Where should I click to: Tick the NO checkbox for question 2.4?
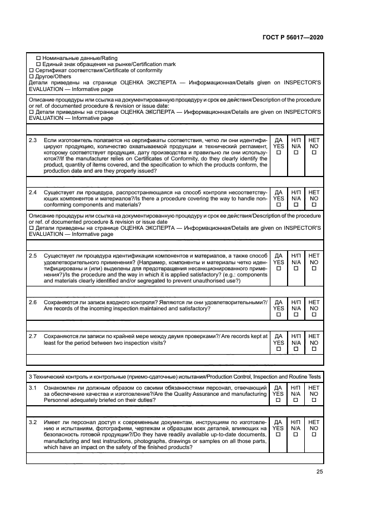point(314,205)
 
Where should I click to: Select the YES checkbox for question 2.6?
point(279,315)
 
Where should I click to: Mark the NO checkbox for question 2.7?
point(314,349)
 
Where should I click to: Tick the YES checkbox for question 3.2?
point(279,436)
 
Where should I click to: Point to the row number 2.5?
point(33,255)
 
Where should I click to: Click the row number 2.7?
point(33,336)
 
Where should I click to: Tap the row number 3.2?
point(33,422)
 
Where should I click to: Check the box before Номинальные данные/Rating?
point(38,58)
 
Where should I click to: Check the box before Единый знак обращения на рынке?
point(38,64)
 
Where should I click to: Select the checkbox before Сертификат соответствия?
point(31,70)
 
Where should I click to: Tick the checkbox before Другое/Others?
point(31,77)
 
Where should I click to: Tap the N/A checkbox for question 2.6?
point(296,315)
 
